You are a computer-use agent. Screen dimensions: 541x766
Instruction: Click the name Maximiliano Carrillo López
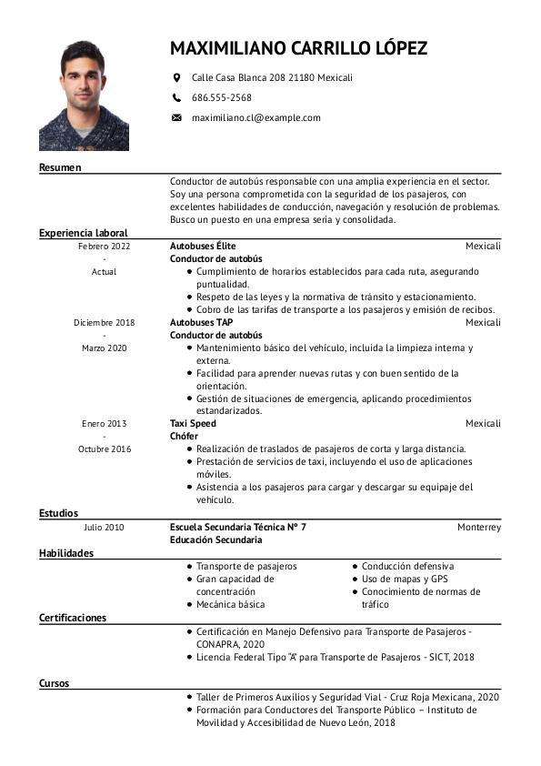(x=298, y=48)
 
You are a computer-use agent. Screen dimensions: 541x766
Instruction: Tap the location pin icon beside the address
(x=176, y=78)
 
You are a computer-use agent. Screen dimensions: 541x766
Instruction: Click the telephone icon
(x=176, y=97)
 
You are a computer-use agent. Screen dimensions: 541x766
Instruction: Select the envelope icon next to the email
(x=176, y=117)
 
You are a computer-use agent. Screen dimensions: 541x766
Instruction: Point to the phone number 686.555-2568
(x=222, y=97)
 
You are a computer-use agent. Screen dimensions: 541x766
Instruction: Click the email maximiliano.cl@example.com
(x=255, y=117)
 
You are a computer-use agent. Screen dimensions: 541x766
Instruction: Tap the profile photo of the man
(x=84, y=96)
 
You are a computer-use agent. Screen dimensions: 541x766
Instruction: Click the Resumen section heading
(x=60, y=167)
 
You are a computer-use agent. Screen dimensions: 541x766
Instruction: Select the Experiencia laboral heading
(x=83, y=233)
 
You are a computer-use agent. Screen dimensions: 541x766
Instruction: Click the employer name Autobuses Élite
(x=203, y=247)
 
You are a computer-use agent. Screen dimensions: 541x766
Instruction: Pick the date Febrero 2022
(x=105, y=247)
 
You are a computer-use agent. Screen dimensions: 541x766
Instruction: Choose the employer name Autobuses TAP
(x=202, y=322)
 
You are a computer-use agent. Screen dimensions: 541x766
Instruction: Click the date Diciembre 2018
(x=105, y=322)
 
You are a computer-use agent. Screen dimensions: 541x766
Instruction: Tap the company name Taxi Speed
(x=193, y=423)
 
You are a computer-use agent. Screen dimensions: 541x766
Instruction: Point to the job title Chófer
(x=184, y=436)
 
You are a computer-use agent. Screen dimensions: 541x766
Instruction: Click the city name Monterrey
(x=479, y=527)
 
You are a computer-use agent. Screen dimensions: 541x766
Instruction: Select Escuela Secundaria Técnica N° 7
(x=238, y=527)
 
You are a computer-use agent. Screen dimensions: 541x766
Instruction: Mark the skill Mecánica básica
(x=231, y=604)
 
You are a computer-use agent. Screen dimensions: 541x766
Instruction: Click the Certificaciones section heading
(x=73, y=618)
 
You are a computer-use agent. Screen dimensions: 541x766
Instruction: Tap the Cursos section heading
(x=54, y=683)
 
